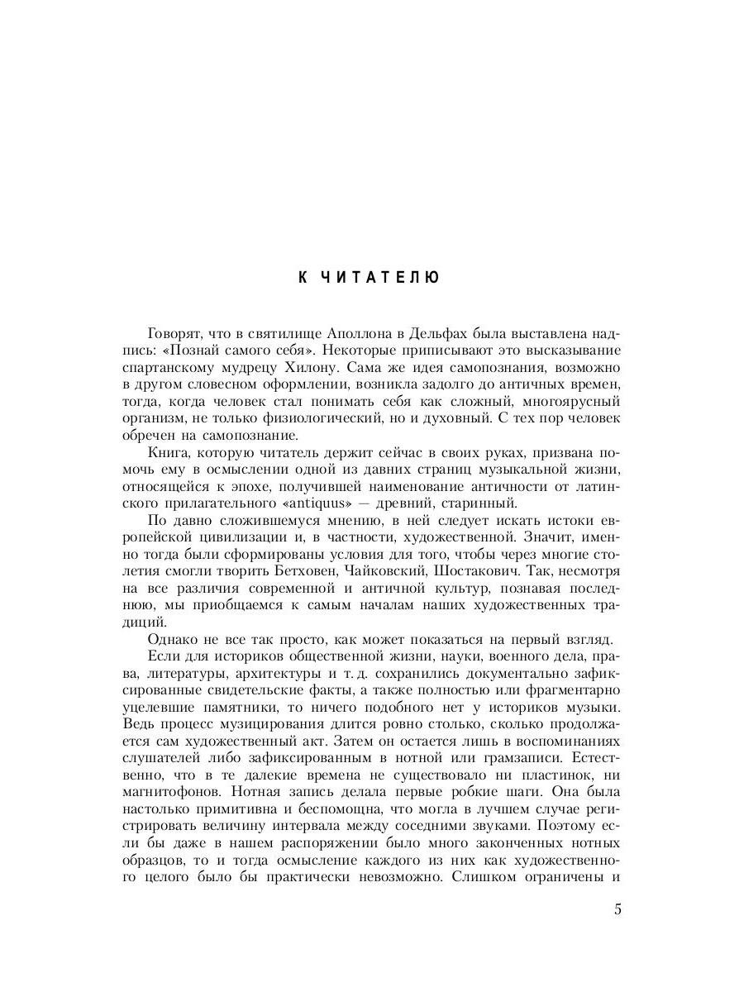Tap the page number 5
[x=618, y=910]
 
